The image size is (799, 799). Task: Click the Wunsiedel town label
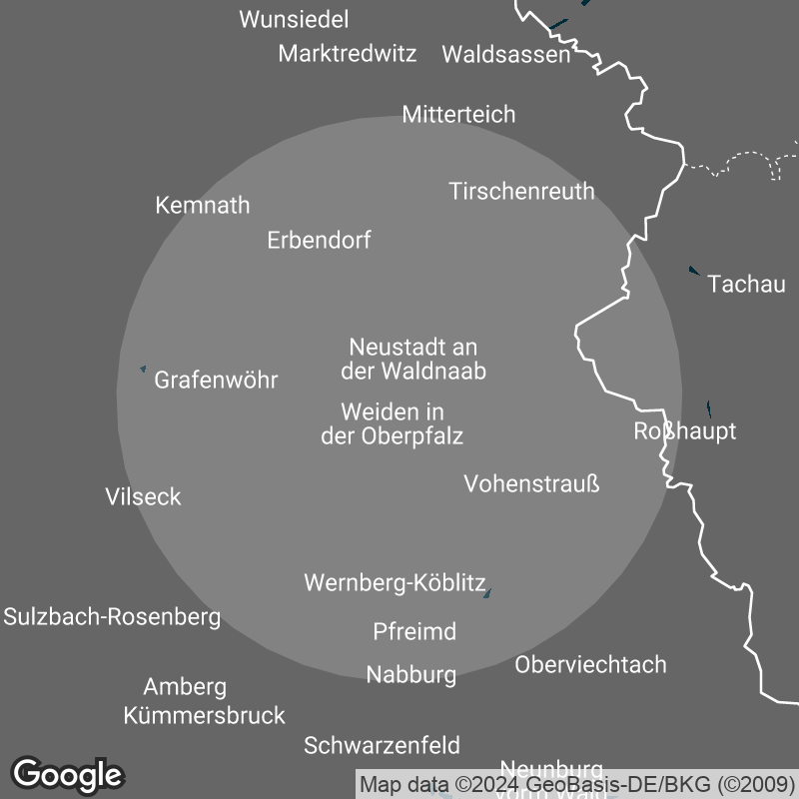point(295,20)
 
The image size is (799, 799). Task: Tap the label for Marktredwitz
point(348,54)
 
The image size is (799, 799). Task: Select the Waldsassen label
point(505,55)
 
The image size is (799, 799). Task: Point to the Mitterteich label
point(458,115)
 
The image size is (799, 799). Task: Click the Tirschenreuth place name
point(521,191)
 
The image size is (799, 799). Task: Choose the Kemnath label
point(203,206)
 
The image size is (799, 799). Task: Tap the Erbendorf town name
point(319,241)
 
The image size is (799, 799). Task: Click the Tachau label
point(746,285)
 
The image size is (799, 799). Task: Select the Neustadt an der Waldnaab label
point(413,360)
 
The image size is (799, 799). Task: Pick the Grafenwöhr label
point(216,381)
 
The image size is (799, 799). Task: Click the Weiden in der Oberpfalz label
point(392,423)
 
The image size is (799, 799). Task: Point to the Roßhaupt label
point(685,431)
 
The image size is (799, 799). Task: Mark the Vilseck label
point(143,497)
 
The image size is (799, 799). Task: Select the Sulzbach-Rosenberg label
point(112,617)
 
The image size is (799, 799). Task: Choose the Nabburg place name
point(410,675)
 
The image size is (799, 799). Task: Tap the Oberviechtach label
point(590,665)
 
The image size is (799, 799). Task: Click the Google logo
point(68,774)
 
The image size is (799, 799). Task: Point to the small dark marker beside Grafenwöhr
point(143,371)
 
